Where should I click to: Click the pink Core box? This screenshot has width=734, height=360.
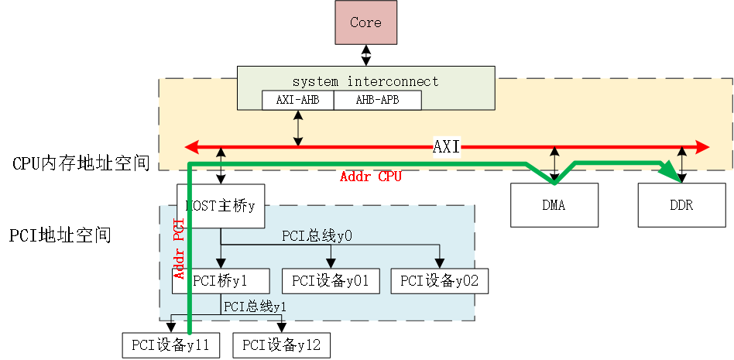point(365,22)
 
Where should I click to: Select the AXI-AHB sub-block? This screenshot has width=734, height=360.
point(297,100)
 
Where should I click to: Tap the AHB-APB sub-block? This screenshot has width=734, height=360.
point(377,100)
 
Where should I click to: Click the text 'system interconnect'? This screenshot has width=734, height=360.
point(365,81)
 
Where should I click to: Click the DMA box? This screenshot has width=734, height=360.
point(554,205)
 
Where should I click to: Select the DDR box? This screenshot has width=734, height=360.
point(682,205)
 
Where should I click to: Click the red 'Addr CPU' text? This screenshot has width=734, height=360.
point(371,177)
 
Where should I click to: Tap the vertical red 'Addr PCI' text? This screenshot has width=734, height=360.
point(178,249)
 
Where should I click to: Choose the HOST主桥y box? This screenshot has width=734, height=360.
point(221,207)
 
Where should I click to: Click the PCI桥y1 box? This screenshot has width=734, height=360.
point(221,281)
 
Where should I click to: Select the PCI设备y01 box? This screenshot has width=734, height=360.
point(331,281)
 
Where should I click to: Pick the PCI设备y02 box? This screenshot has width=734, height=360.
point(440,281)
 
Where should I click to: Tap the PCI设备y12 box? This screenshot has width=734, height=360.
point(281,345)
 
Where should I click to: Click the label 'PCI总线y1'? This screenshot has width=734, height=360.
point(256,307)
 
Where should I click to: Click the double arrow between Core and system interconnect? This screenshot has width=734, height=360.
point(365,55)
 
